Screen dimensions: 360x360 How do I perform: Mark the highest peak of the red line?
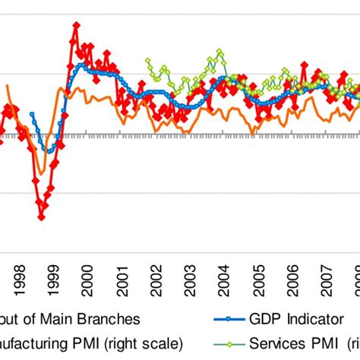pyautogui.click(x=76, y=25)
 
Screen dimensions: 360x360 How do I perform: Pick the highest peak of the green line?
pyautogui.click(x=221, y=52)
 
